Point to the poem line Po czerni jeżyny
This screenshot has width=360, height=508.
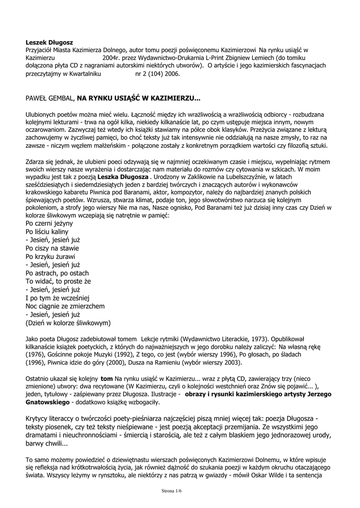click(49, 224)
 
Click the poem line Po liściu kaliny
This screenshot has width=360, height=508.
click(47, 232)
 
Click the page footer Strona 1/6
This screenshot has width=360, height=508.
click(172, 491)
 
